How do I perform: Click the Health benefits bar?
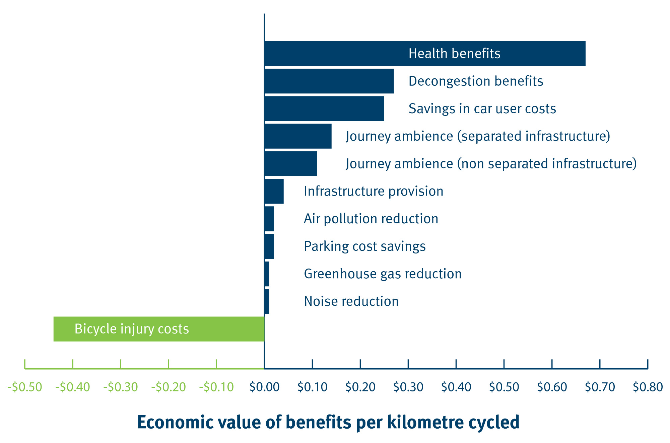tap(425, 54)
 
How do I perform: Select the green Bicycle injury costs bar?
tap(159, 329)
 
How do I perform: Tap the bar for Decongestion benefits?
tap(329, 81)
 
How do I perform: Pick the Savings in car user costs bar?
tap(324, 108)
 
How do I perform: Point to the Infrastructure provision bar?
tap(274, 191)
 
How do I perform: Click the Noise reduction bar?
tap(267, 301)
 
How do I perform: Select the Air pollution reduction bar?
tap(269, 219)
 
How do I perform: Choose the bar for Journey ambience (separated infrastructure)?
tap(298, 136)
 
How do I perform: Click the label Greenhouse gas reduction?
tap(383, 274)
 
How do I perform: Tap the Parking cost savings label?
tap(364, 246)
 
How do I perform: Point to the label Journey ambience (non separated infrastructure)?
tap(491, 164)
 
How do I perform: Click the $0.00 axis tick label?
tap(264, 387)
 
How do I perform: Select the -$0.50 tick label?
tap(25, 387)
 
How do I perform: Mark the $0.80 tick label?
tap(648, 387)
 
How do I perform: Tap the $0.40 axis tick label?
tap(456, 387)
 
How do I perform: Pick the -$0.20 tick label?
tap(169, 387)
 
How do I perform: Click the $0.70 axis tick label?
tap(600, 387)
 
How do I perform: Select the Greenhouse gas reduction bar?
tap(267, 274)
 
